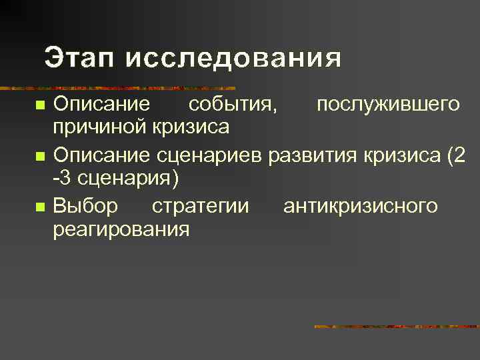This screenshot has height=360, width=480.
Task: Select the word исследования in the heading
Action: [x=233, y=58]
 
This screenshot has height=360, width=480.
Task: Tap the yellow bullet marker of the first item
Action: [x=39, y=106]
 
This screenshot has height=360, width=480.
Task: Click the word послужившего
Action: [x=387, y=105]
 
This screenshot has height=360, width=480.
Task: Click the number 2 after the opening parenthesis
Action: [x=457, y=155]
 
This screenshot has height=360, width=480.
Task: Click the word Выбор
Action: [x=85, y=206]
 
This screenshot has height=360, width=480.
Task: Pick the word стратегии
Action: [x=201, y=206]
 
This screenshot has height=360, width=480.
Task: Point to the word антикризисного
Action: [x=361, y=206]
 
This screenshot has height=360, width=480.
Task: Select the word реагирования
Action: [x=121, y=229]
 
